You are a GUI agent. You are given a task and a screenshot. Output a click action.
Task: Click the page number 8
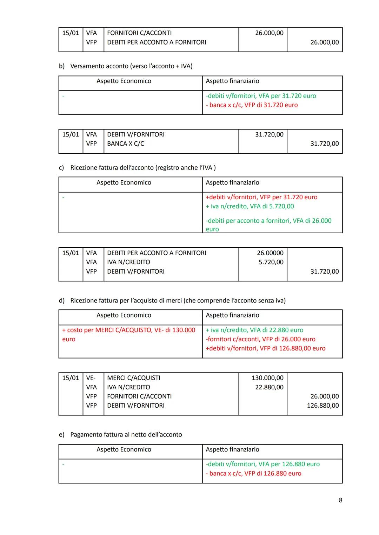pyautogui.click(x=340, y=500)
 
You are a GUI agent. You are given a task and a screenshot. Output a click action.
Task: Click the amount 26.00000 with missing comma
pyautogui.click(x=270, y=253)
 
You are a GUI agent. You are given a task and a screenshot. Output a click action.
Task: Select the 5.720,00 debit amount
pyautogui.click(x=271, y=262)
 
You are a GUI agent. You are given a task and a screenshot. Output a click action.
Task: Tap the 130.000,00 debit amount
pyautogui.click(x=267, y=378)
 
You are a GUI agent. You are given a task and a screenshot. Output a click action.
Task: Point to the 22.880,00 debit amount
pyautogui.click(x=269, y=387)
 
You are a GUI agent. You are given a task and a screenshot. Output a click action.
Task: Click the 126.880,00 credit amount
pyautogui.click(x=323, y=406)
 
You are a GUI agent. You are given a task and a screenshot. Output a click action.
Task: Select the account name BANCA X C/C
pyautogui.click(x=126, y=143)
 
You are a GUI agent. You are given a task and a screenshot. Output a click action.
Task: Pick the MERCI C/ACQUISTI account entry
pyautogui.click(x=134, y=378)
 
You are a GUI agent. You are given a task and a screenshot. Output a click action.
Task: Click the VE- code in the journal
pyautogui.click(x=91, y=378)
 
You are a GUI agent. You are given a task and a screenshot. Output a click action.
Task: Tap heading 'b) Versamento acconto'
pyautogui.click(x=126, y=66)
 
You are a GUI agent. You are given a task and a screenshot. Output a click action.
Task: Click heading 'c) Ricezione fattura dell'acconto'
pyautogui.click(x=137, y=168)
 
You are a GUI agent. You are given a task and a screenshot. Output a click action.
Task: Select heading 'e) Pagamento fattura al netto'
pyautogui.click(x=120, y=435)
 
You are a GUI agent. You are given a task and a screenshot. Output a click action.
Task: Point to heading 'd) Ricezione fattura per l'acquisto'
pyautogui.click(x=172, y=301)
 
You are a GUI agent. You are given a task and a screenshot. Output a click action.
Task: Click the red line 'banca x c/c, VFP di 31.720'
pyautogui.click(x=252, y=105)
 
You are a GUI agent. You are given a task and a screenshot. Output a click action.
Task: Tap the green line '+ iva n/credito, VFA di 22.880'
pyautogui.click(x=254, y=330)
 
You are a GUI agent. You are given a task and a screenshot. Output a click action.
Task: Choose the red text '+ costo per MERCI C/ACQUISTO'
pyautogui.click(x=128, y=330)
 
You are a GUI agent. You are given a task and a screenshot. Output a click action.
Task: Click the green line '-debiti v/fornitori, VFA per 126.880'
pyautogui.click(x=262, y=464)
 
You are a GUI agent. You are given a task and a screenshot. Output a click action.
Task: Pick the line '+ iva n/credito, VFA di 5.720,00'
pyautogui.click(x=250, y=206)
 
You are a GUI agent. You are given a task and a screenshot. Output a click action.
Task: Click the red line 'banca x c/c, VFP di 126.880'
pyautogui.click(x=253, y=473)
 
